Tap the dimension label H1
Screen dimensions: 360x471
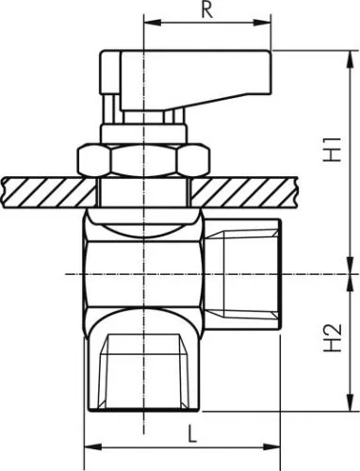(x=333, y=149)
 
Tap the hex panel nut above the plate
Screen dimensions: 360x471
(x=143, y=160)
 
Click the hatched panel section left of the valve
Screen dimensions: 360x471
(x=50, y=192)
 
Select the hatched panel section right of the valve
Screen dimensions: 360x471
(x=244, y=192)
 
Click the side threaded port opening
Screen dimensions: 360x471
(x=251, y=274)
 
